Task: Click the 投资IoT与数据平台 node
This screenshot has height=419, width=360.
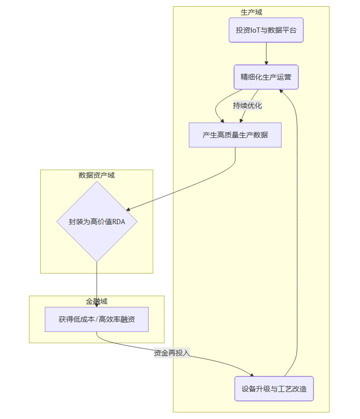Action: tap(266, 30)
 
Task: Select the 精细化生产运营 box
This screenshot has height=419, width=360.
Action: tap(266, 77)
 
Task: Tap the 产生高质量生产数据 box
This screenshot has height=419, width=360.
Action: tap(235, 135)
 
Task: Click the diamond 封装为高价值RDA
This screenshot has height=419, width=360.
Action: tap(97, 221)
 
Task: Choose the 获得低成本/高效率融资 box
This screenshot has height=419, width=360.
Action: tap(97, 319)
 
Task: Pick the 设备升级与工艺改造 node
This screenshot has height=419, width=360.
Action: tap(274, 389)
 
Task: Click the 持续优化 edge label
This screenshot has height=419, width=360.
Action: tap(247, 106)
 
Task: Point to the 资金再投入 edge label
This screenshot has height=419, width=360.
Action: tap(171, 353)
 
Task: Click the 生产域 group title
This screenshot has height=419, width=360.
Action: tap(251, 12)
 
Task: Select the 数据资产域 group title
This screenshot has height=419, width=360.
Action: tap(97, 175)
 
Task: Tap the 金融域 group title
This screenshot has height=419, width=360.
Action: tap(97, 301)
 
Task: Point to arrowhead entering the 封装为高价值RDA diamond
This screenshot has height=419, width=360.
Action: tap(128, 209)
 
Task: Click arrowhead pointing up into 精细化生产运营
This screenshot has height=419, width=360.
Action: tap(283, 91)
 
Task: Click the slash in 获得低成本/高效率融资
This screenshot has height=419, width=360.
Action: tap(97, 319)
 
